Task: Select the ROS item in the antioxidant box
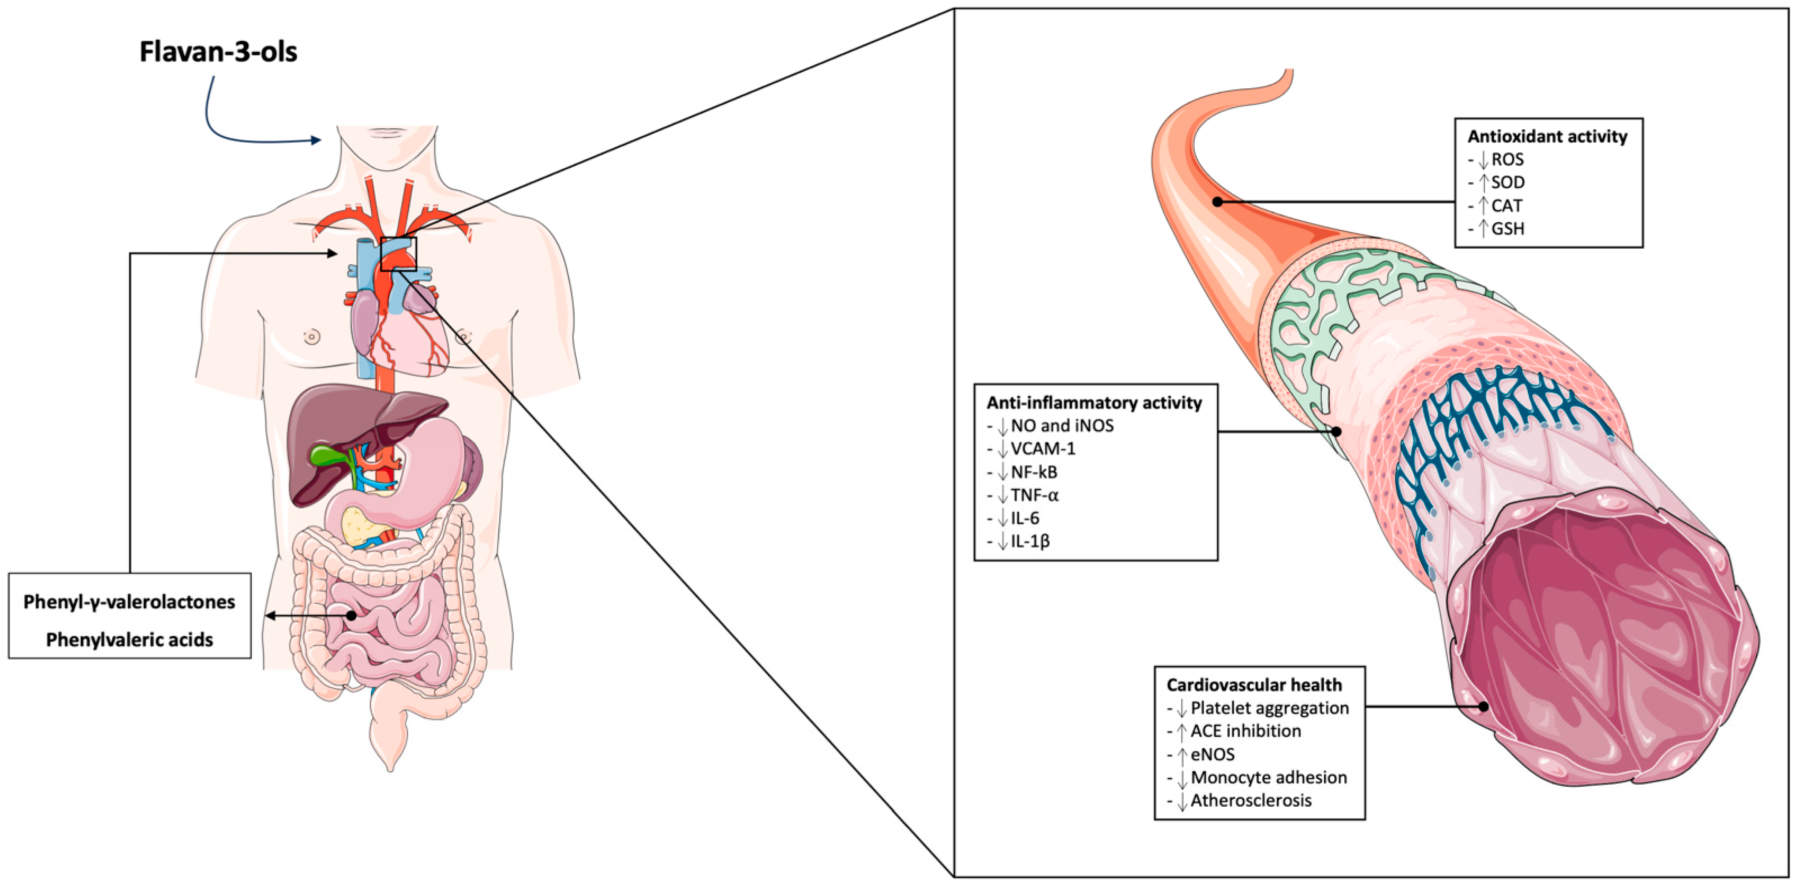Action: pyautogui.click(x=1507, y=160)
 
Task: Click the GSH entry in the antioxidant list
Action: pyautogui.click(x=1507, y=229)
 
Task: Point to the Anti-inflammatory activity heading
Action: pyautogui.click(x=1094, y=403)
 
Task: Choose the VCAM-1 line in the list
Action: pyautogui.click(x=1042, y=448)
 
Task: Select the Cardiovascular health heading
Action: pyautogui.click(x=1253, y=685)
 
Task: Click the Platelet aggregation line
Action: pyautogui.click(x=1269, y=708)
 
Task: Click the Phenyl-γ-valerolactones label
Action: pyautogui.click(x=129, y=602)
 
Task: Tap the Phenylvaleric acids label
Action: pyautogui.click(x=129, y=640)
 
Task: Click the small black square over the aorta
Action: pyautogui.click(x=398, y=254)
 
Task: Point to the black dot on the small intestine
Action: pyautogui.click(x=351, y=616)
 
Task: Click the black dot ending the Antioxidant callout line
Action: pyautogui.click(x=1217, y=202)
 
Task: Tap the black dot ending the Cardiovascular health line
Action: pyautogui.click(x=1484, y=707)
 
